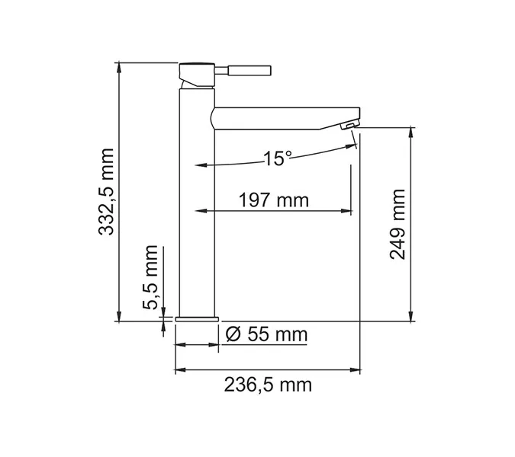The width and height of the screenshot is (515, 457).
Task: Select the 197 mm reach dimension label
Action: (272, 200)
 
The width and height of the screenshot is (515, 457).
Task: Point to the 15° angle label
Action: (277, 158)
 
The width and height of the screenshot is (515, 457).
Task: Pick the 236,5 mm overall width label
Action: (268, 385)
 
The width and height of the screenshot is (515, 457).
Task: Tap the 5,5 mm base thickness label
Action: (152, 277)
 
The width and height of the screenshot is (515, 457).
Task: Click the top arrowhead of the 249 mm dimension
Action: (411, 132)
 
